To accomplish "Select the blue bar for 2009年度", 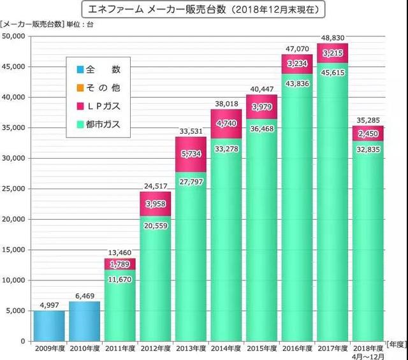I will click(x=48, y=326).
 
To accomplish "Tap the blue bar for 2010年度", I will click(x=85, y=321).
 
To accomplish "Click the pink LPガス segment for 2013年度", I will click(x=191, y=154).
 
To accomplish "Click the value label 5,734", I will click(x=191, y=154).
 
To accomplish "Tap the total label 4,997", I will click(x=48, y=304).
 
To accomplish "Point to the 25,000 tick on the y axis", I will click(x=13, y=189).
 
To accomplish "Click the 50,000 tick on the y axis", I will click(x=13, y=36).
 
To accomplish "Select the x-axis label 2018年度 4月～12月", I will click(x=369, y=351).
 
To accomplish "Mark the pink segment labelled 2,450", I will click(x=369, y=135).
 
